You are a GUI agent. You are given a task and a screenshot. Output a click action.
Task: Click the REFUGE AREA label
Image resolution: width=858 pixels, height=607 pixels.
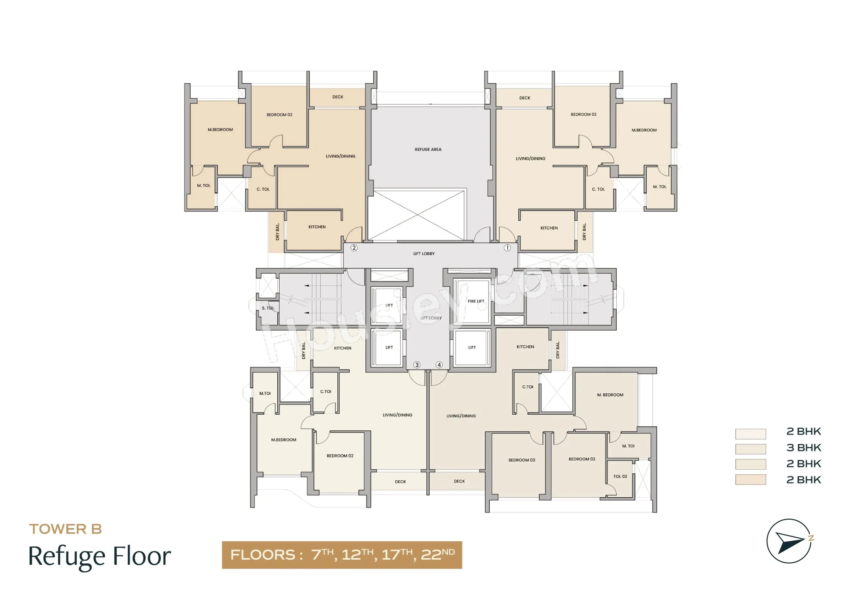pyautogui.click(x=428, y=149)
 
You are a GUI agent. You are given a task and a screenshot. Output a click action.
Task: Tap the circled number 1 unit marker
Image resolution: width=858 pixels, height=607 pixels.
pyautogui.click(x=507, y=248)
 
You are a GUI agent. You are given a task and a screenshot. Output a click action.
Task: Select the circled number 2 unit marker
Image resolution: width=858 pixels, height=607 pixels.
pyautogui.click(x=354, y=248)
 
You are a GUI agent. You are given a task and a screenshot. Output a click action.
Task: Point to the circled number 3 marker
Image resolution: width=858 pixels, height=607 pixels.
pyautogui.click(x=417, y=365)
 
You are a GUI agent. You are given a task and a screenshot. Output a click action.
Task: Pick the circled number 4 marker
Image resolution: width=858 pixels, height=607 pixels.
pyautogui.click(x=439, y=365)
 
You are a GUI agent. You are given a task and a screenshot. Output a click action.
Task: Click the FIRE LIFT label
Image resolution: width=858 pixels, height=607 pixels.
pyautogui.click(x=476, y=301)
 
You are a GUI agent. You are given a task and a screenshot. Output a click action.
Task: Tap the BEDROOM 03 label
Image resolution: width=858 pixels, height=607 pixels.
pyautogui.click(x=522, y=460)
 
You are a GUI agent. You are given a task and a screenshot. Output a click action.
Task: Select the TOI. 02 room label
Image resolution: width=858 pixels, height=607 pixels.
pyautogui.click(x=620, y=477)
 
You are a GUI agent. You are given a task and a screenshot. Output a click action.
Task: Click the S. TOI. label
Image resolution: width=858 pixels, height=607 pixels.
pyautogui.click(x=268, y=308)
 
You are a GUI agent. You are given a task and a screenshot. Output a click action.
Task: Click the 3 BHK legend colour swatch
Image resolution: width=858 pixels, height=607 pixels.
pyautogui.click(x=751, y=448)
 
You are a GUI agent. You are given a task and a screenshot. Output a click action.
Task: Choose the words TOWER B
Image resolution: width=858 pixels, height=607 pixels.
pyautogui.click(x=65, y=529)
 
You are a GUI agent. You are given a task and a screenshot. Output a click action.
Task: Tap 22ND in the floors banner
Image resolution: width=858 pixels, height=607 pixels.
pyautogui.click(x=438, y=554)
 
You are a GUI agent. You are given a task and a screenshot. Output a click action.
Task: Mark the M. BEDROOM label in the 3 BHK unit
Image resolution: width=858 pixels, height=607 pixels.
pyautogui.click(x=610, y=395)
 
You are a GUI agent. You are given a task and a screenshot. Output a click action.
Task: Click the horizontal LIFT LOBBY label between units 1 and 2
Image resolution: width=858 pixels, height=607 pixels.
pyautogui.click(x=424, y=254)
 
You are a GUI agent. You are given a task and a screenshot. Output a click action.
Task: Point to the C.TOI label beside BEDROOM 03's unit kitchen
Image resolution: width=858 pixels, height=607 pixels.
pyautogui.click(x=527, y=387)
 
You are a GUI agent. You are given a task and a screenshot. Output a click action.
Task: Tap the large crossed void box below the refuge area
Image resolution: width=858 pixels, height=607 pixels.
pyautogui.click(x=417, y=215)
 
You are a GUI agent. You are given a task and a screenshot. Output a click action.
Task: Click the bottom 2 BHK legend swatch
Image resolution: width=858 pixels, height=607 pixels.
pyautogui.click(x=751, y=480)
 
